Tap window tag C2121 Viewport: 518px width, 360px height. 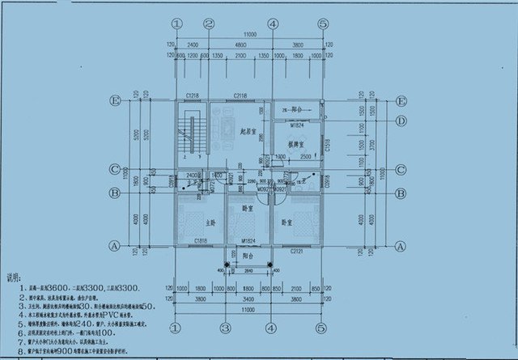(297, 252)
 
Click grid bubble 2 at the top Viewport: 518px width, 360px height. (209, 23)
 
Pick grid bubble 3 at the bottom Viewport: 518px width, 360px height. (222, 329)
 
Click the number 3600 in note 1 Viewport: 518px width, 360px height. (58, 287)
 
